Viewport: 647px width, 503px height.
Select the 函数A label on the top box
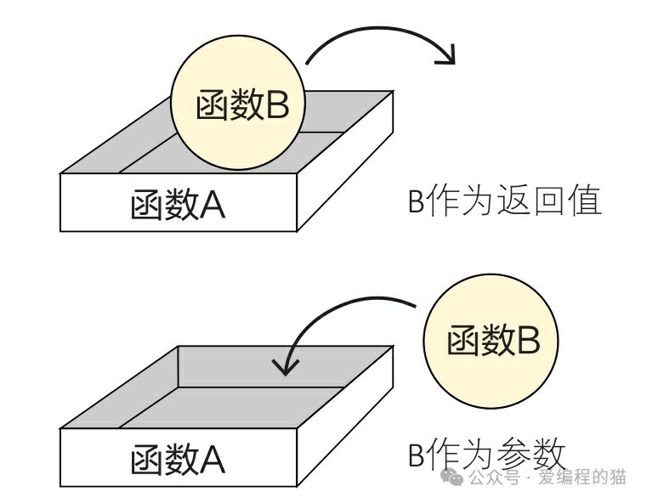pos(178,204)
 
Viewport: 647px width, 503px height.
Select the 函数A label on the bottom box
pos(178,459)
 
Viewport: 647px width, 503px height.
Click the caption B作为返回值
pos(505,201)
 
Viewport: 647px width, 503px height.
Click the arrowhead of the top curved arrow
pos(446,57)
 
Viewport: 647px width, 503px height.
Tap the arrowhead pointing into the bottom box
pos(286,367)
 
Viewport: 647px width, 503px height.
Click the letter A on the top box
pos(212,205)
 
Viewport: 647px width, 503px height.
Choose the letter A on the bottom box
pos(212,460)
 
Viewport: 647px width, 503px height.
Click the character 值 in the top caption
pos(585,201)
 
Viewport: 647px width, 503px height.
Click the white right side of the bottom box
pos(344,416)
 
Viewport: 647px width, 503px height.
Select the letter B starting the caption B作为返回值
pos(416,202)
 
